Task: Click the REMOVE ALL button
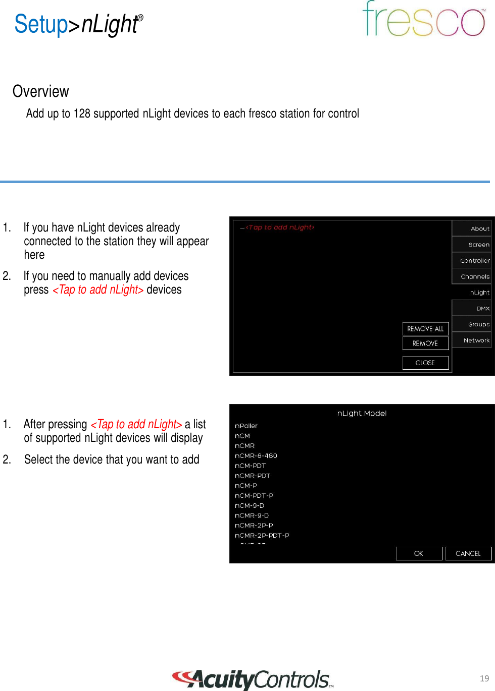[425, 329]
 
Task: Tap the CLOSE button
[425, 363]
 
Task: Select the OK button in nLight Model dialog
[419, 553]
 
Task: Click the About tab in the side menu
[472, 228]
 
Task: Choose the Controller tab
[472, 261]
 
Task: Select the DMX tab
[472, 308]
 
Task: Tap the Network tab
[472, 340]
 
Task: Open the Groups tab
[472, 324]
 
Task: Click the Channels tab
[472, 276]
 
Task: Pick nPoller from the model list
[246, 426]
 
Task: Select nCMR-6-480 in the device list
[256, 455]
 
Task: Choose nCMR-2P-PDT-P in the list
[262, 535]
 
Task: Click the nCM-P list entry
[246, 485]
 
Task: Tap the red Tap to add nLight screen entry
[279, 227]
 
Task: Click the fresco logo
[423, 20]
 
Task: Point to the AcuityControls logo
[253, 679]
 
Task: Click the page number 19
[484, 678]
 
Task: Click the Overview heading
[41, 91]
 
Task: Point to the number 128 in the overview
[82, 113]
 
